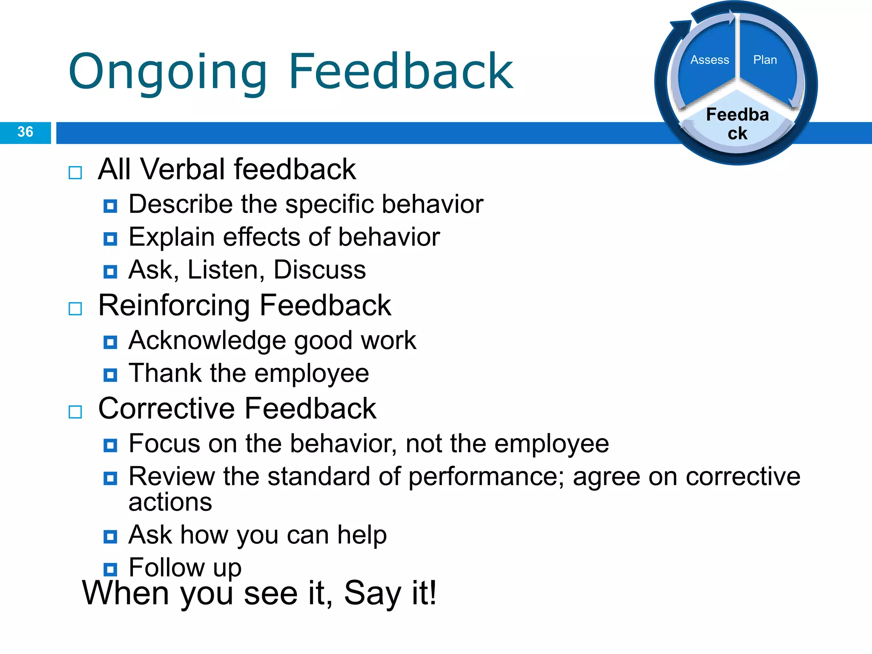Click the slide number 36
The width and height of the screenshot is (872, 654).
[25, 132]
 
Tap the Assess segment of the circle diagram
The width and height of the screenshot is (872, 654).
[709, 60]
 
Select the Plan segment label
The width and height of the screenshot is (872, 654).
[765, 60]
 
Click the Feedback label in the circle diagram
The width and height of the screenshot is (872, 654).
[737, 124]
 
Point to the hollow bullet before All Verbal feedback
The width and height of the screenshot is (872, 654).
[75, 173]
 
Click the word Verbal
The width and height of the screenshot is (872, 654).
[183, 169]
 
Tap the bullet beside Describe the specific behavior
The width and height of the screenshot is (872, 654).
[110, 207]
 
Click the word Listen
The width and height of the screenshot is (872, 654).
[223, 270]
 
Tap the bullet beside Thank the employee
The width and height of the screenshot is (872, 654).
[110, 375]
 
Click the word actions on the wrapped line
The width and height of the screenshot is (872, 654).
[170, 502]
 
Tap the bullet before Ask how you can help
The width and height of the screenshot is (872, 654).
[110, 536]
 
